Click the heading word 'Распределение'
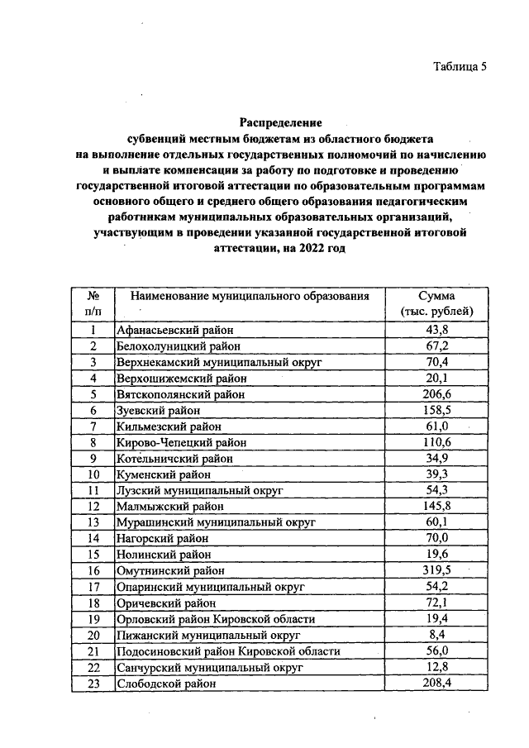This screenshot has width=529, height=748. coord(279,123)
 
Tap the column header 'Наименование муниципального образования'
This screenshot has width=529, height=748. coord(243,296)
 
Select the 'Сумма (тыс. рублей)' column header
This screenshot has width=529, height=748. coord(436,303)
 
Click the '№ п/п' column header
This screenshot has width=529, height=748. coord(94,303)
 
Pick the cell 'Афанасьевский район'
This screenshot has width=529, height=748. coord(169,330)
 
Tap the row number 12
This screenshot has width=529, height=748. coord(94,506)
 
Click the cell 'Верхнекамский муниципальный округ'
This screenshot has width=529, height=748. coord(218,362)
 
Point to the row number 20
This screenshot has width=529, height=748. coord(94,635)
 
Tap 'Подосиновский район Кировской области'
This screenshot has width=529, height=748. coord(228,651)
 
